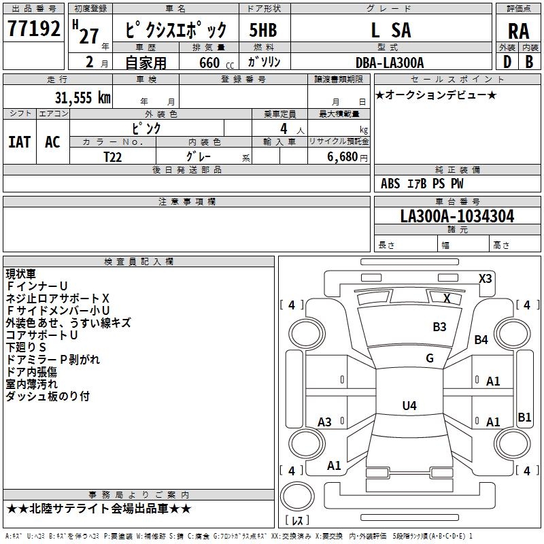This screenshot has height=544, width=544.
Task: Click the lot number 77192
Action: coord(34,31)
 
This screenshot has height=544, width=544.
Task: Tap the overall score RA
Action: coord(518,31)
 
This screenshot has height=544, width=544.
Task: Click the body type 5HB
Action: coord(262,31)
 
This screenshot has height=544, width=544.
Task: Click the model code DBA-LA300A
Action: coord(390,63)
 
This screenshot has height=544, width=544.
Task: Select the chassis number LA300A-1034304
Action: coord(457,217)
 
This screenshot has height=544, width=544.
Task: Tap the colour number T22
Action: coord(114,157)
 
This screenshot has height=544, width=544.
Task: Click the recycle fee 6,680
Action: coord(343,157)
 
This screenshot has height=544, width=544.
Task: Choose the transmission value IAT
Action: coord(19,141)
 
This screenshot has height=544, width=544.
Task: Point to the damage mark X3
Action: coord(485,278)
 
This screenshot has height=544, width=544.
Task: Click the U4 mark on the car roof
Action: coord(409,406)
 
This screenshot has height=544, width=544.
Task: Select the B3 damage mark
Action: coord(439,327)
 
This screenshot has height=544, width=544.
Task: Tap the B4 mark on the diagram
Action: coord(481,340)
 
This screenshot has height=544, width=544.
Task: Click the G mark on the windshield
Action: coord(430,358)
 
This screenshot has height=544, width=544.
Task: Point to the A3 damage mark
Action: coord(324,422)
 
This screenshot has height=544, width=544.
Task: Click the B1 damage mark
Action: coord(524,418)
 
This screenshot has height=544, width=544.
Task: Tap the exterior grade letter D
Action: coord(507,63)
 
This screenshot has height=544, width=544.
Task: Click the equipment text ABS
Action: coord(390,184)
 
